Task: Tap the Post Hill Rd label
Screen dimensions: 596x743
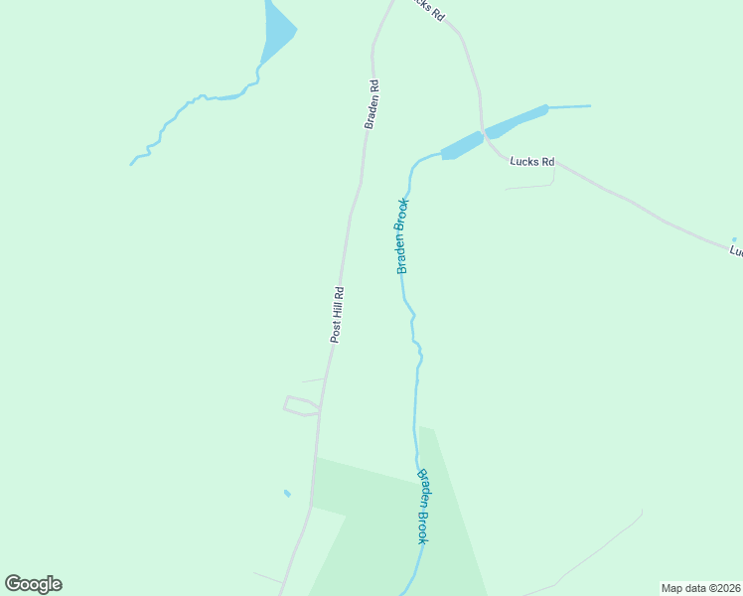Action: tap(338, 315)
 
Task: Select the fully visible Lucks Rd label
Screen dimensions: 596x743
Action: tap(531, 160)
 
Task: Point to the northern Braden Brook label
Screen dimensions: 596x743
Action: tap(402, 236)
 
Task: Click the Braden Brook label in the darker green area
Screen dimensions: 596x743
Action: tap(423, 507)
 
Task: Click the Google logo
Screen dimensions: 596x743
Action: tap(34, 584)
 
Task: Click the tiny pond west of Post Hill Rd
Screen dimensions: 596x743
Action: tap(287, 493)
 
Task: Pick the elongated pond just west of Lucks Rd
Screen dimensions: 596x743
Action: tap(461, 146)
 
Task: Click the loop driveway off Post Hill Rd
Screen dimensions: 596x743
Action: tap(301, 405)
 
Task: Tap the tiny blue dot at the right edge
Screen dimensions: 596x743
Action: tap(734, 239)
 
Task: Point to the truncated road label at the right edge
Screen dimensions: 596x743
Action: tap(736, 252)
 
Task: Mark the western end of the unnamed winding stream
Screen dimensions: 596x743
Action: tap(132, 163)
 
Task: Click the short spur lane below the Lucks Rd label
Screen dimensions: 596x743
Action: tap(530, 185)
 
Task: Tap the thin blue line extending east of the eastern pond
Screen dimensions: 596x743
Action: tap(569, 106)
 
